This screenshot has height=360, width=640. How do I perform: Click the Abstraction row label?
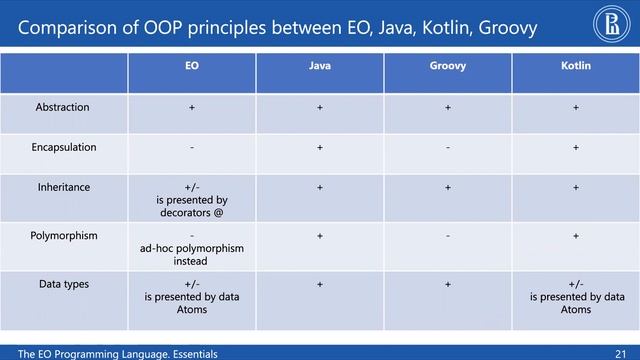click(62, 107)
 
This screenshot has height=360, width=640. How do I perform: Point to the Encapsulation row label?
click(64, 147)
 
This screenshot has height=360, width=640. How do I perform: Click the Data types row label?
click(63, 284)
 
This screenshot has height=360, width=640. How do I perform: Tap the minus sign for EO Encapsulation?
click(191, 148)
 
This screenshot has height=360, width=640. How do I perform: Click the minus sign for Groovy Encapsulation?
click(447, 148)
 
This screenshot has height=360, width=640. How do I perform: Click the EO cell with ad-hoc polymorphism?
click(191, 248)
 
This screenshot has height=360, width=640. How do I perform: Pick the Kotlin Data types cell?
click(577, 297)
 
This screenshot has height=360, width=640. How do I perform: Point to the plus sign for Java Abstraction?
click(319, 107)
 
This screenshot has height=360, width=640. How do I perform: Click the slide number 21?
click(621, 354)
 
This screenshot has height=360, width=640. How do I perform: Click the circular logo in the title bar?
click(612, 26)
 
